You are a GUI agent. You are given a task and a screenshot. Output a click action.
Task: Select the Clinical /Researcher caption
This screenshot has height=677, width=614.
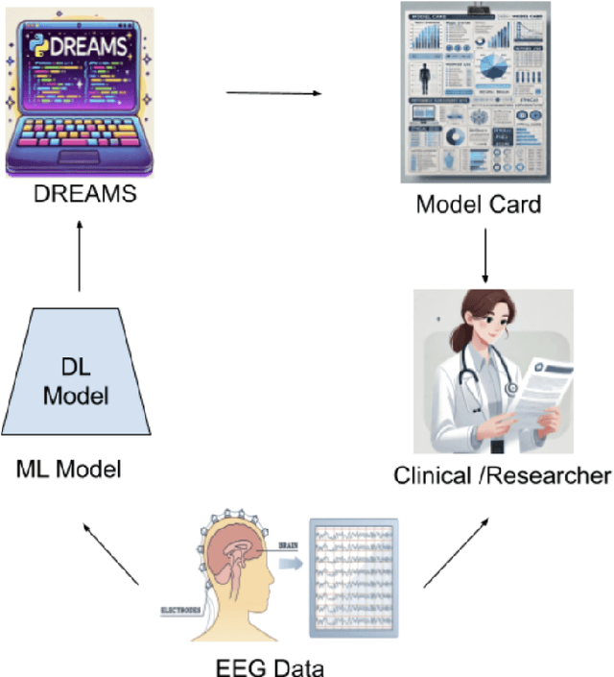pyautogui.click(x=502, y=474)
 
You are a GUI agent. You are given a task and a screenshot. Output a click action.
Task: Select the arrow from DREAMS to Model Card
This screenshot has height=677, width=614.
pyautogui.click(x=273, y=93)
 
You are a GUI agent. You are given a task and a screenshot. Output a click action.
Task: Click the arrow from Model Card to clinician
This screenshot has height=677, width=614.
pyautogui.click(x=485, y=254)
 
